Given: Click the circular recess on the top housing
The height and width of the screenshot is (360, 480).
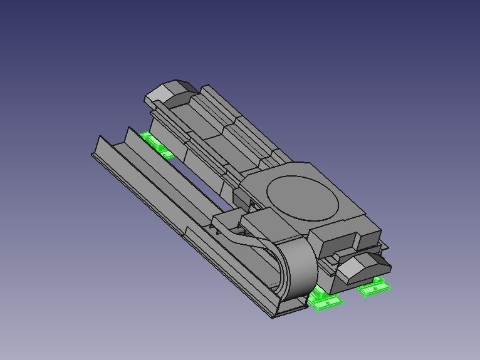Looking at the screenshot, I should pyautogui.click(x=303, y=197).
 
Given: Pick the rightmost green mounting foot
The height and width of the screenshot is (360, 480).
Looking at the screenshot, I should pyautogui.click(x=374, y=288).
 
